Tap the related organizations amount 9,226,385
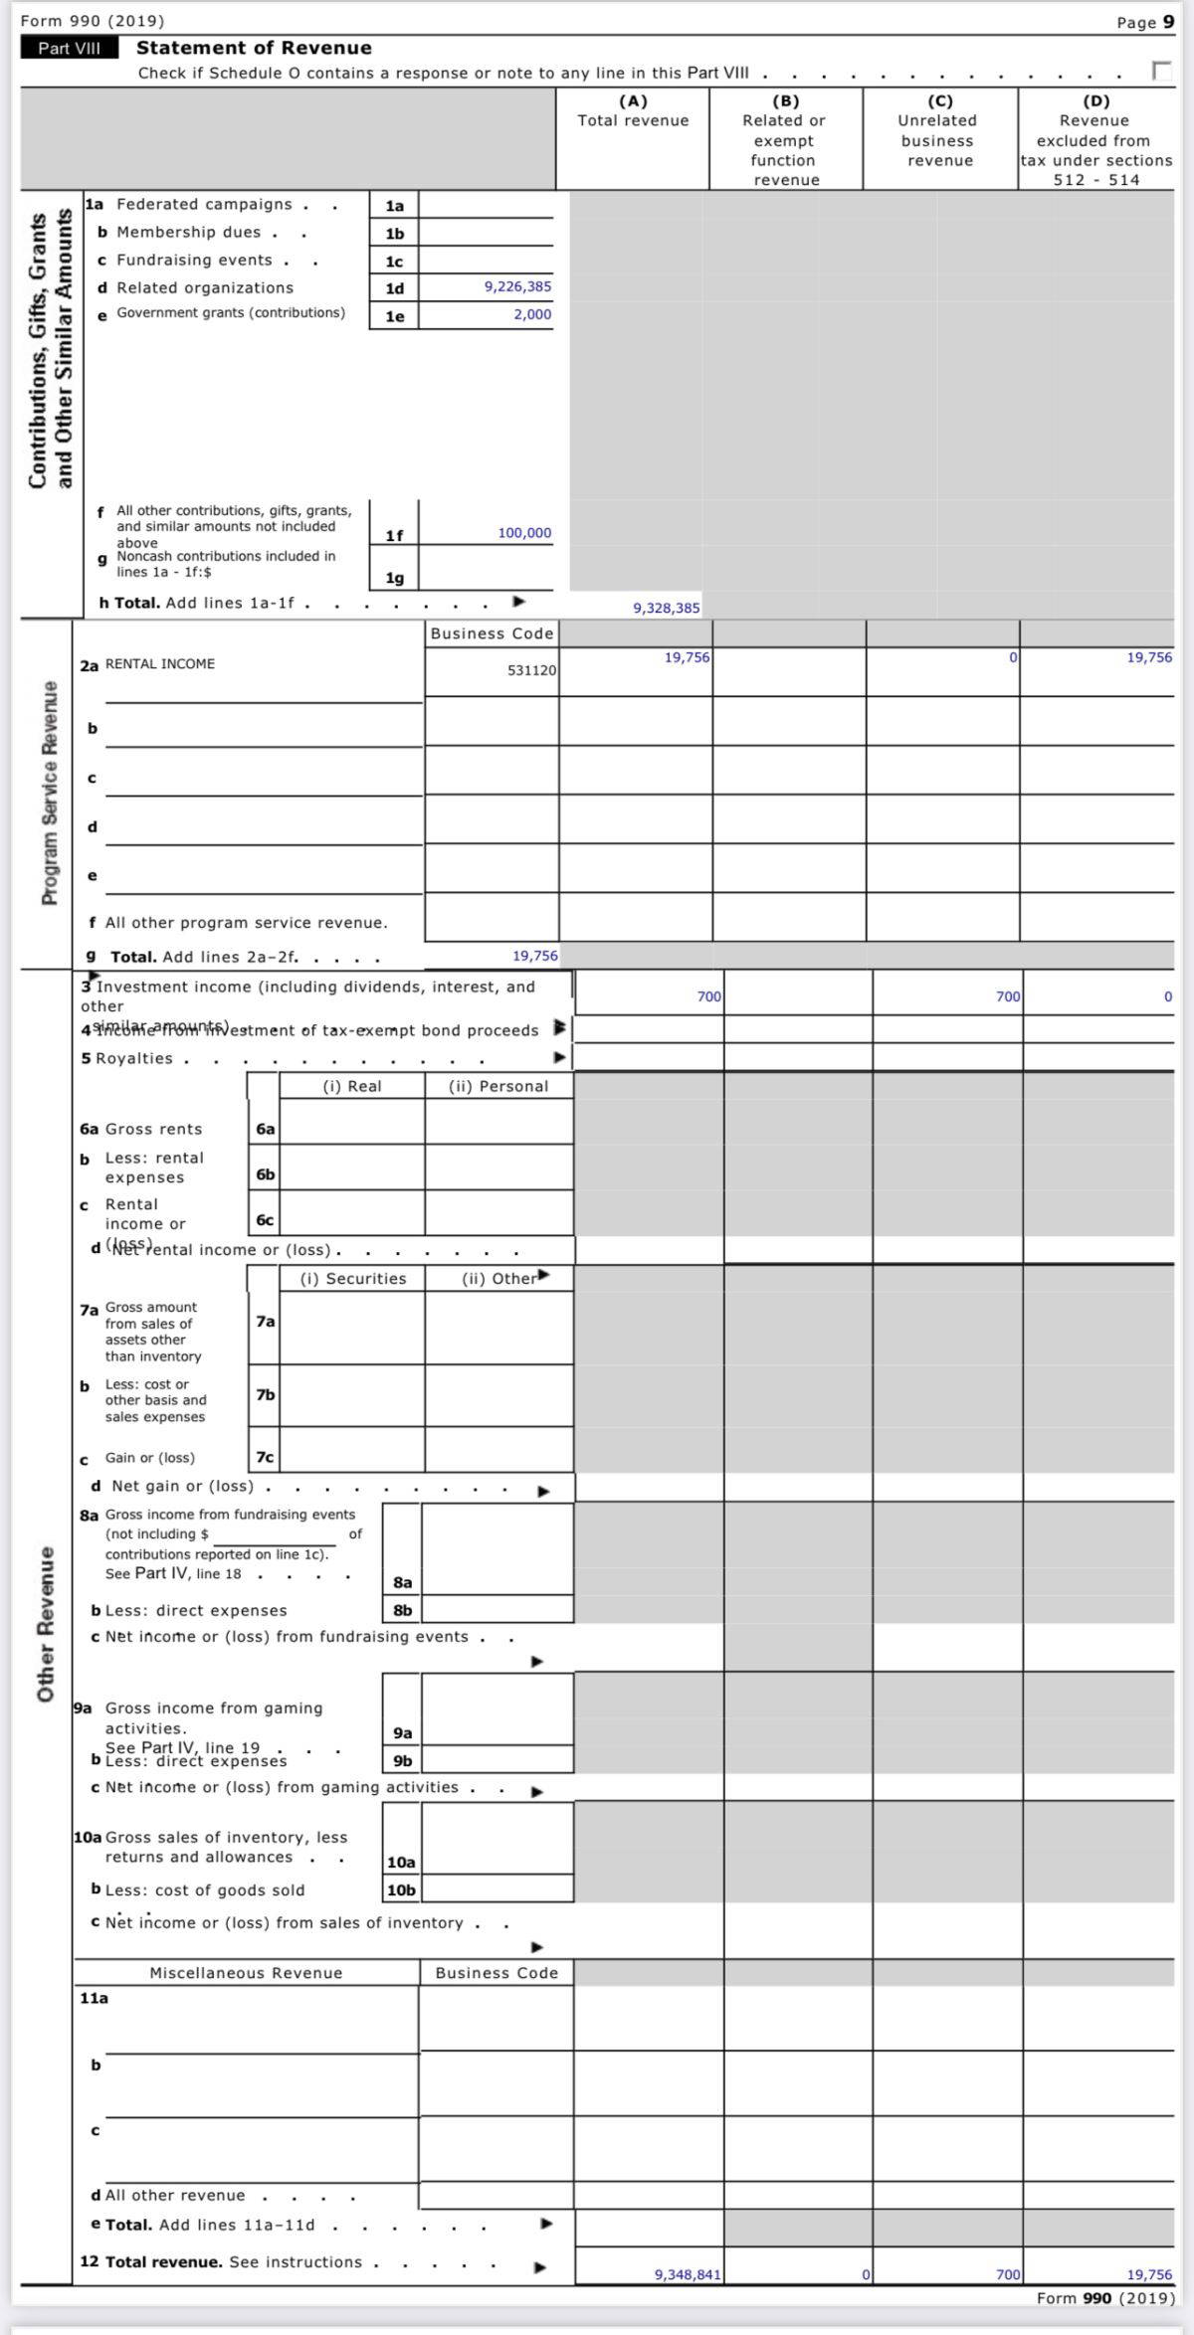coord(517,286)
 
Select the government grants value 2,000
coord(532,314)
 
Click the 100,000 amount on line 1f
coord(524,533)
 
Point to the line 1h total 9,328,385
coord(667,608)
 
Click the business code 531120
coord(531,670)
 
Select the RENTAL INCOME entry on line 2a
coord(160,664)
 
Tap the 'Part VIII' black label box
coord(69,48)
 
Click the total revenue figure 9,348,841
coord(688,2274)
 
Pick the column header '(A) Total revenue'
coord(633,110)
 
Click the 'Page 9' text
coord(1145,22)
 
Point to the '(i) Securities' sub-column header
coord(353,1279)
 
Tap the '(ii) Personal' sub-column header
coord(498,1086)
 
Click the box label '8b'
coord(402,1610)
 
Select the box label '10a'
coord(401,1863)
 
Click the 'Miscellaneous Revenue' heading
coord(246,1973)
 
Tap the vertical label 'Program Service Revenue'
coord(48,794)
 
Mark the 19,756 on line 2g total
coord(535,956)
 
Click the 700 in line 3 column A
coord(709,996)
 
